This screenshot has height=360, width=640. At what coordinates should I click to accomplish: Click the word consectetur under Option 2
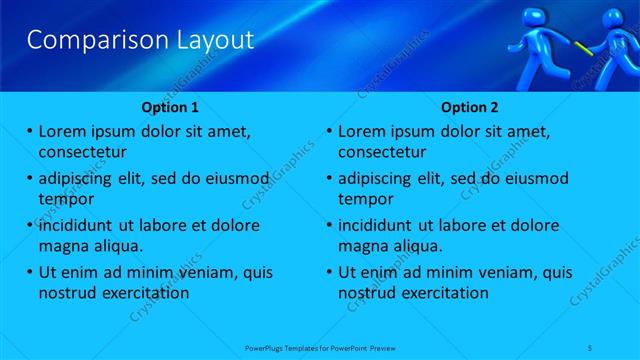click(382, 152)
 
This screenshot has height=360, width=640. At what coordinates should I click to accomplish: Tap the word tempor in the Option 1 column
click(66, 199)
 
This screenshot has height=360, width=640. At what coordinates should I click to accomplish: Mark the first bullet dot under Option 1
click(30, 131)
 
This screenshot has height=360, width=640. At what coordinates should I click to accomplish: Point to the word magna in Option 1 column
click(64, 246)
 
